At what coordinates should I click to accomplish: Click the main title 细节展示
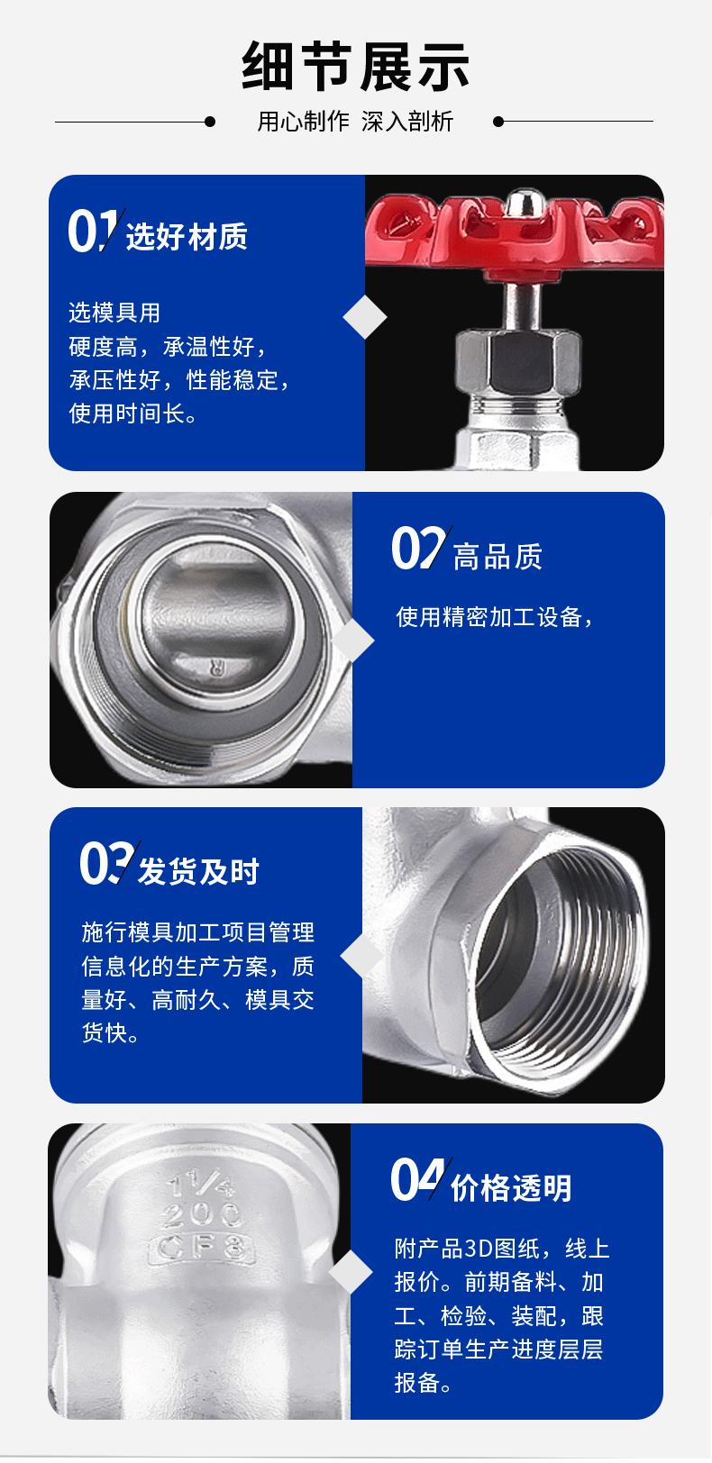coord(355,65)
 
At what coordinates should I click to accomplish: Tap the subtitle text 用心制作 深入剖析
coord(355,122)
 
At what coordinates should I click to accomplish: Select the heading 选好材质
coord(187,237)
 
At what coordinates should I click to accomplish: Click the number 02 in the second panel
coord(416,549)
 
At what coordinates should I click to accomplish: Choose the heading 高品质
coord(497,557)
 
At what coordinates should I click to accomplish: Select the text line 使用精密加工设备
coord(495,618)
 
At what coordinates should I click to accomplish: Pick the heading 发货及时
coord(198,871)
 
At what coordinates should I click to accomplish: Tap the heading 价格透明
coord(511,1188)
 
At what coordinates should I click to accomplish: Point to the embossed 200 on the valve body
coord(203,1214)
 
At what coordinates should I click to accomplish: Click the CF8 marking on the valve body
coord(203,1248)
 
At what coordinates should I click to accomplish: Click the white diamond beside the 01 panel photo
coord(365,317)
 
